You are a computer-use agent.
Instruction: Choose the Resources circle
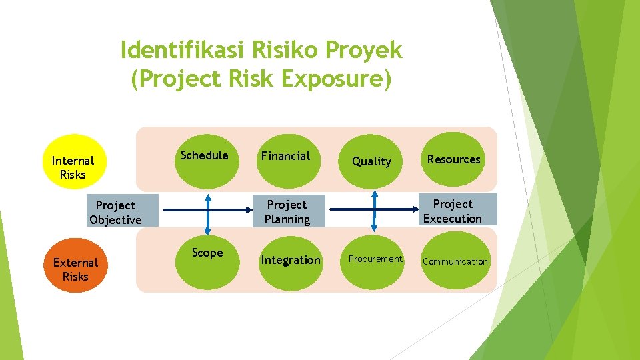[453, 160]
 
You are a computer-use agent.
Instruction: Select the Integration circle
[291, 260]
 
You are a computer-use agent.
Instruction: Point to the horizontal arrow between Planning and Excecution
[373, 209]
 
